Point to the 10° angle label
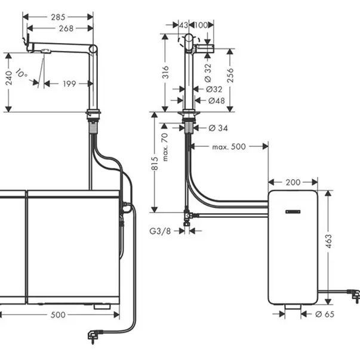pos(22,75)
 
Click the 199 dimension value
pos(69,84)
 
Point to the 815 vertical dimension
pos(154,164)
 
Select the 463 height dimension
pos(328,241)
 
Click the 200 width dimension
pos(293,181)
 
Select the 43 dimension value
pos(184,24)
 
